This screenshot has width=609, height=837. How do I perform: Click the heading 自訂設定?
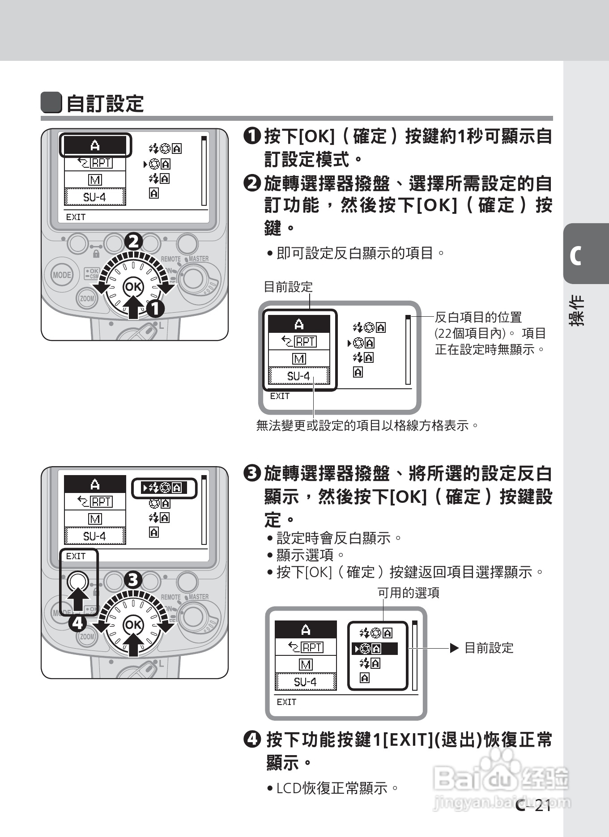tap(105, 104)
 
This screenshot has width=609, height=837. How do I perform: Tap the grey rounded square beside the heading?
tap(51, 103)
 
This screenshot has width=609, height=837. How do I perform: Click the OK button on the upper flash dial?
tap(133, 286)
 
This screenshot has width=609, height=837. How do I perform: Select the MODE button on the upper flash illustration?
tap(62, 275)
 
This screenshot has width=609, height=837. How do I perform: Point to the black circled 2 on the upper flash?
tap(133, 242)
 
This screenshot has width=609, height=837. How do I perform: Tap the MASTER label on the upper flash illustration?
tap(198, 259)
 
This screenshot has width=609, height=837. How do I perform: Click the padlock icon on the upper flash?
tap(96, 254)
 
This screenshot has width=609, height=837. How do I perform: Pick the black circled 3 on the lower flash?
tap(133, 580)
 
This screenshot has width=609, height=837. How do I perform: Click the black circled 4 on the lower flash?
tap(77, 623)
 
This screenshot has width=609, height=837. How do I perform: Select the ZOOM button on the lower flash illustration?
tap(87, 636)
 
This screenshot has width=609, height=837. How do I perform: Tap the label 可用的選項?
tap(409, 593)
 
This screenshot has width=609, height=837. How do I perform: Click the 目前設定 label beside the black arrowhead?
tap(489, 648)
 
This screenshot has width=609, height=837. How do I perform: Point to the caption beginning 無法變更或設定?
tap(367, 425)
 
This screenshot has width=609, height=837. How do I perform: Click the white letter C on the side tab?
tap(575, 256)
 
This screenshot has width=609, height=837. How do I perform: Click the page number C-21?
tap(533, 806)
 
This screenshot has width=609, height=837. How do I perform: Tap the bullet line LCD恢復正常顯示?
tap(332, 788)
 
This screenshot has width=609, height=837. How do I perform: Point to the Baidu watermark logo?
tap(501, 778)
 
